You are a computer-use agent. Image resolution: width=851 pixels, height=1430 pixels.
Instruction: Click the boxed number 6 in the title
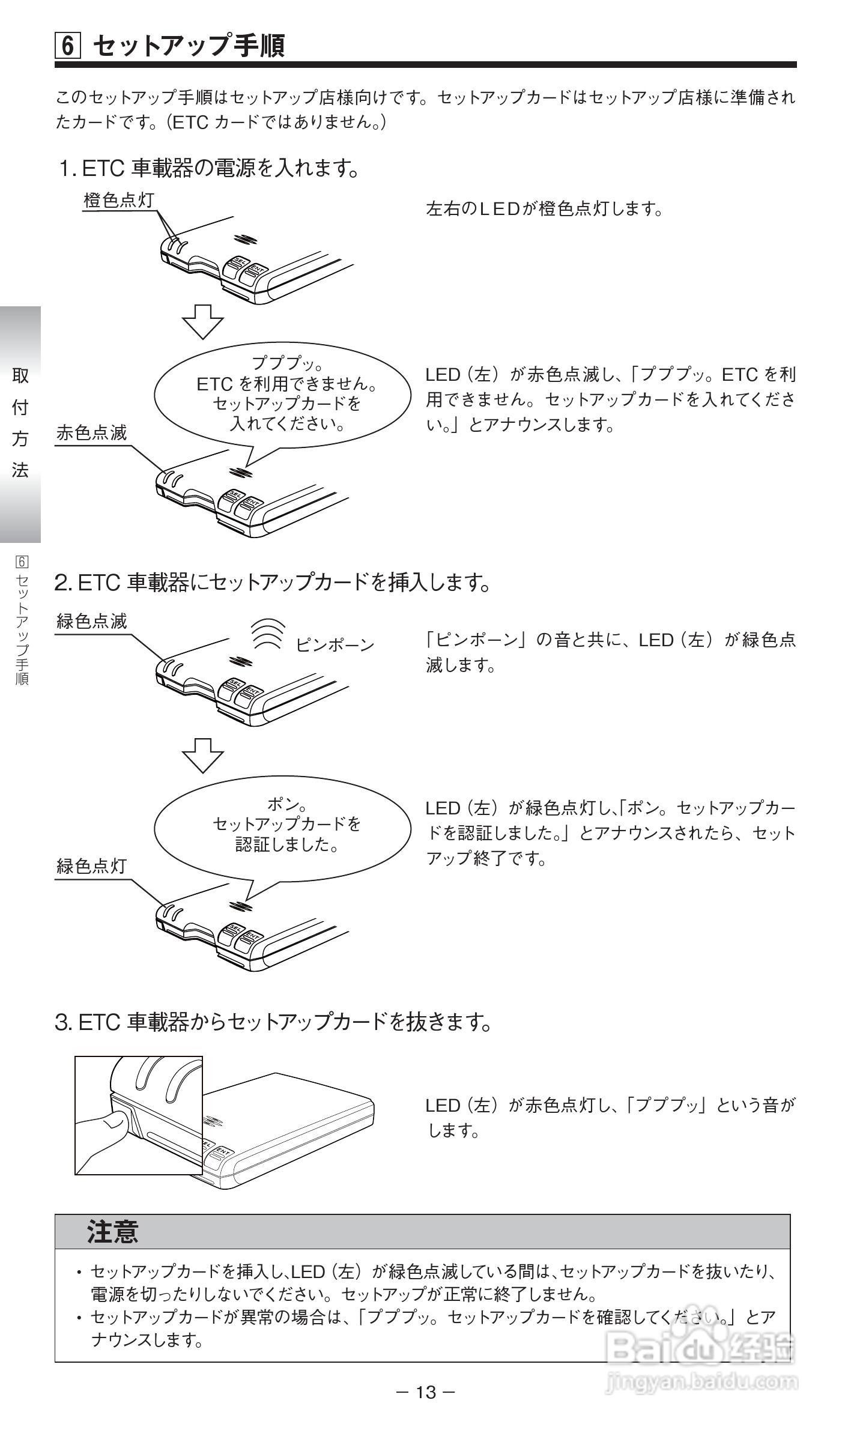68,46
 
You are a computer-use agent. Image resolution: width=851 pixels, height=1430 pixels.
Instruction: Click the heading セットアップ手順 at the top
189,46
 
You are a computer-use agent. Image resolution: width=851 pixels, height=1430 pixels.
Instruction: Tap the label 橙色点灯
119,201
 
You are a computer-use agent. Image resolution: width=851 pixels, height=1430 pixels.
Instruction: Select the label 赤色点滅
92,432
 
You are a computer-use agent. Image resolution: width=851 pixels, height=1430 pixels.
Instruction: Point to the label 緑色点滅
92,621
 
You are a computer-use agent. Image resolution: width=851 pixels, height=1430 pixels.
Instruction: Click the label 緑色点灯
92,866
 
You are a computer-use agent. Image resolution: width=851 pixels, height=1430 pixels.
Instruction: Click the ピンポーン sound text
335,645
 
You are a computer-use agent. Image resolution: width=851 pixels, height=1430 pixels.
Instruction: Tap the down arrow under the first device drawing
203,322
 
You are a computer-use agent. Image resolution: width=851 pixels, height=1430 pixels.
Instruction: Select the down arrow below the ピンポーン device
203,755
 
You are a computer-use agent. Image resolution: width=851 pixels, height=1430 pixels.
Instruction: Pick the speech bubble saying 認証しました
282,827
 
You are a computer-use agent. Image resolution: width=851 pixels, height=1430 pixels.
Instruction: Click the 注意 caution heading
113,1232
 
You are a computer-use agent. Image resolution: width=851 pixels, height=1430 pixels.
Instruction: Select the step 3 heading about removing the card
273,1022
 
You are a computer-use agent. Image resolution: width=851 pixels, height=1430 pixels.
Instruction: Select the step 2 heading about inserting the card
273,582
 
